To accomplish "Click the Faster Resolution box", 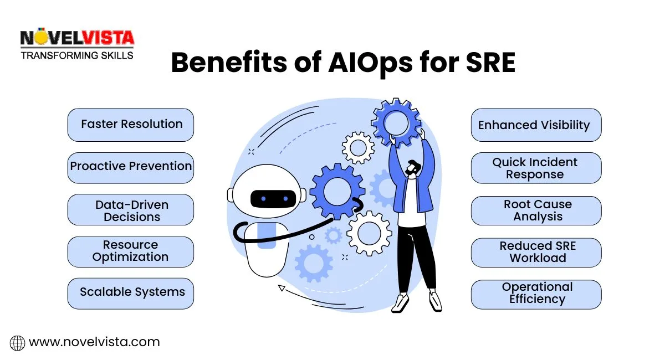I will coord(131,125).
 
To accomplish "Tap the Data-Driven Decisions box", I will coord(131,210).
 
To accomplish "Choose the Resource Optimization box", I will coord(131,251).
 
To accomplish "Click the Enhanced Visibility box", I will coord(535,125).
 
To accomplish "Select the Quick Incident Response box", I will coord(535,168).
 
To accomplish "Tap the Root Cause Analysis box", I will coord(535,210).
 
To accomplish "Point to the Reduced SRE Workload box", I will coord(535,253).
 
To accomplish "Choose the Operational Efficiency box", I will coord(535,294).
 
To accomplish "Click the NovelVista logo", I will coord(77,44).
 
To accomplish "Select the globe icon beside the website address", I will coord(18,343).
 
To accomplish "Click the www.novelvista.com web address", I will coord(94,342).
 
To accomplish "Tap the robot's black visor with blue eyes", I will coord(273,198).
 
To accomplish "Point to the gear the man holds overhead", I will coord(396,122).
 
